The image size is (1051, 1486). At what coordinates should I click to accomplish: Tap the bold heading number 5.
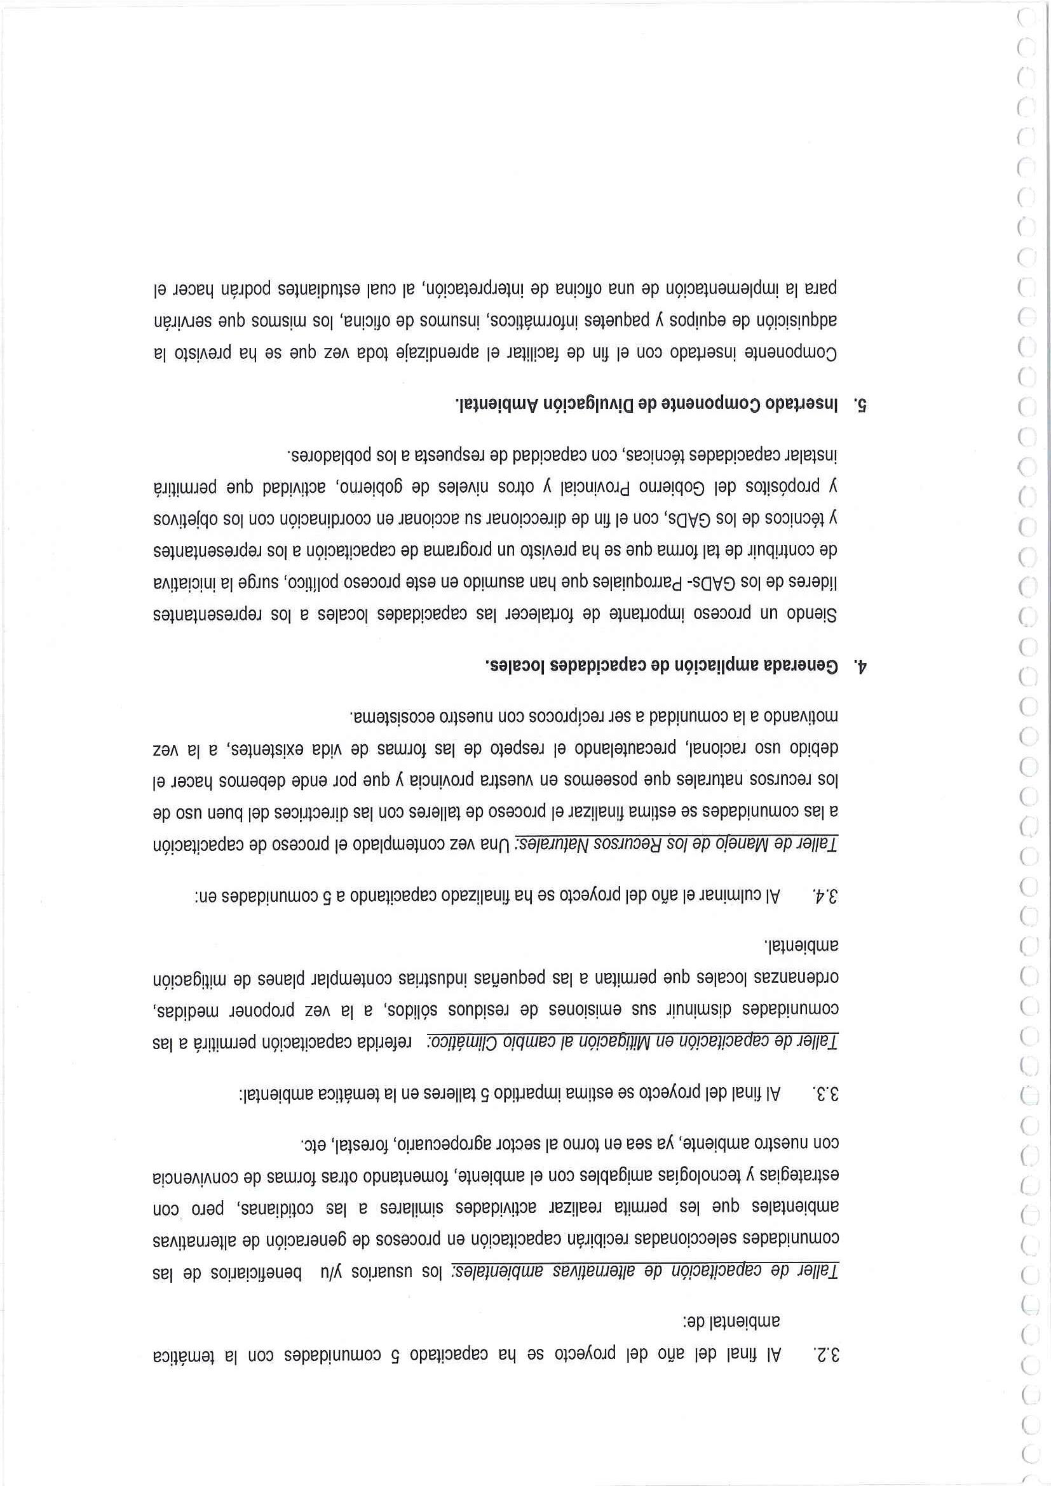[x=859, y=404]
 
